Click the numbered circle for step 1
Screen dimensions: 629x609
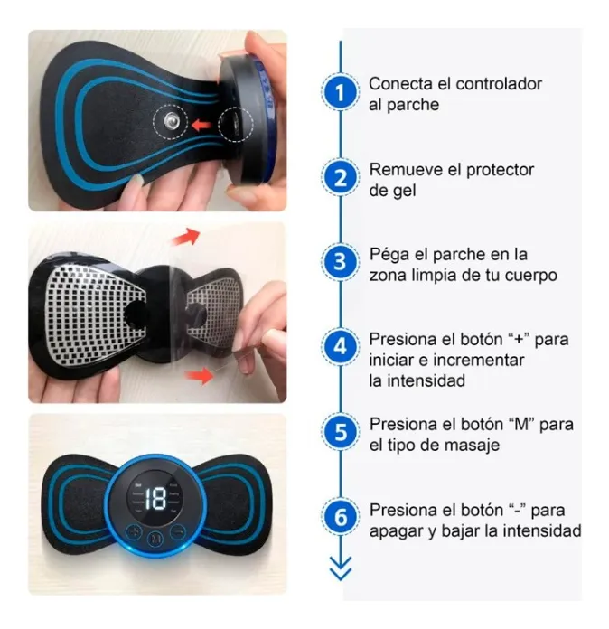pyautogui.click(x=341, y=93)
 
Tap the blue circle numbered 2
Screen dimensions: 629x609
pyautogui.click(x=341, y=178)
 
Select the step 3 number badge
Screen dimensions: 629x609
pyautogui.click(x=341, y=263)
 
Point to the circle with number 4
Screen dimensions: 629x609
pyautogui.click(x=341, y=347)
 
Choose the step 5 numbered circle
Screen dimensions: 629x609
pyautogui.click(x=341, y=432)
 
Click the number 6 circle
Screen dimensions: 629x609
pyautogui.click(x=341, y=518)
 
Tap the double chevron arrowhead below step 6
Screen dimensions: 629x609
pyautogui.click(x=341, y=570)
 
